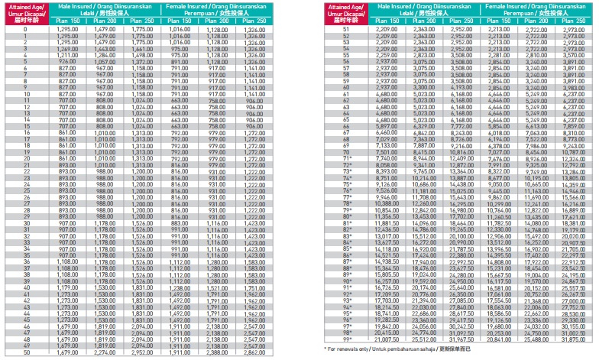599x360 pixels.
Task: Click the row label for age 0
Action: click(x=26, y=28)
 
